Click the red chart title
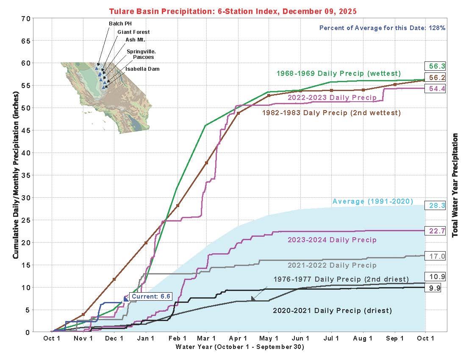(233, 11)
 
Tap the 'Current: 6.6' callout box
(151, 296)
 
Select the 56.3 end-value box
(435, 66)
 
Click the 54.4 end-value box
(435, 89)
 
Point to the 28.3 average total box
(435, 205)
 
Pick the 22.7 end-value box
(435, 231)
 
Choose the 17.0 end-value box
(435, 256)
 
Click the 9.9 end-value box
(433, 288)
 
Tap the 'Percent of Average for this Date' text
(372, 28)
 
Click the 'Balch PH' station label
(120, 24)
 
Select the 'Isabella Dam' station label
(142, 69)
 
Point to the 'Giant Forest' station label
(133, 32)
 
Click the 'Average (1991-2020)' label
(373, 201)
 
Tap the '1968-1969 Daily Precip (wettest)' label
(338, 73)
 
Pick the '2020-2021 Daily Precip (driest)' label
(332, 311)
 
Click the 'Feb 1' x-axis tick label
(178, 338)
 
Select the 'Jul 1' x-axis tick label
(331, 338)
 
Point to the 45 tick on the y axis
(26, 131)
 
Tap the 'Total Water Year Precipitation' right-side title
(455, 185)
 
